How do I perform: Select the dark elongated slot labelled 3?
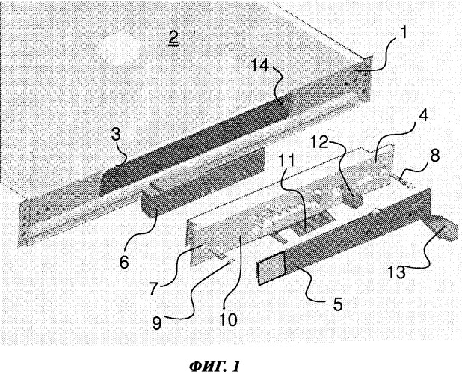(194, 150)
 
